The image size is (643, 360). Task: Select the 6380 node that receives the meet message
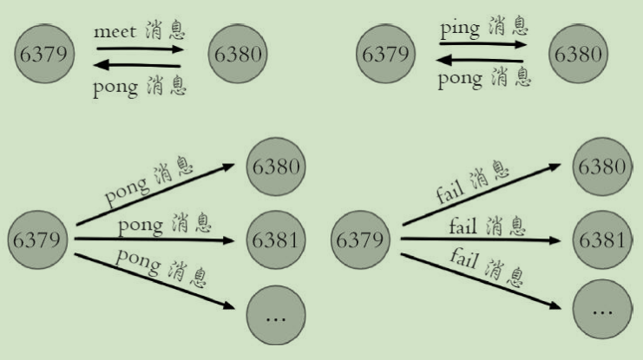click(x=237, y=54)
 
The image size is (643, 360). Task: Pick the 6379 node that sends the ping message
click(x=384, y=54)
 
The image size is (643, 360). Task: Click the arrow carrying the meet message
click(x=139, y=49)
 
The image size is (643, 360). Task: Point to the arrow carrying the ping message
click(x=482, y=45)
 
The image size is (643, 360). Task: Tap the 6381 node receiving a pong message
click(x=276, y=237)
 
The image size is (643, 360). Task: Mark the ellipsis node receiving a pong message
click(x=276, y=317)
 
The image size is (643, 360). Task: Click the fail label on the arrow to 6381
click(x=466, y=227)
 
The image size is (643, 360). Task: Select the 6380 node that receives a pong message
click(x=276, y=165)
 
